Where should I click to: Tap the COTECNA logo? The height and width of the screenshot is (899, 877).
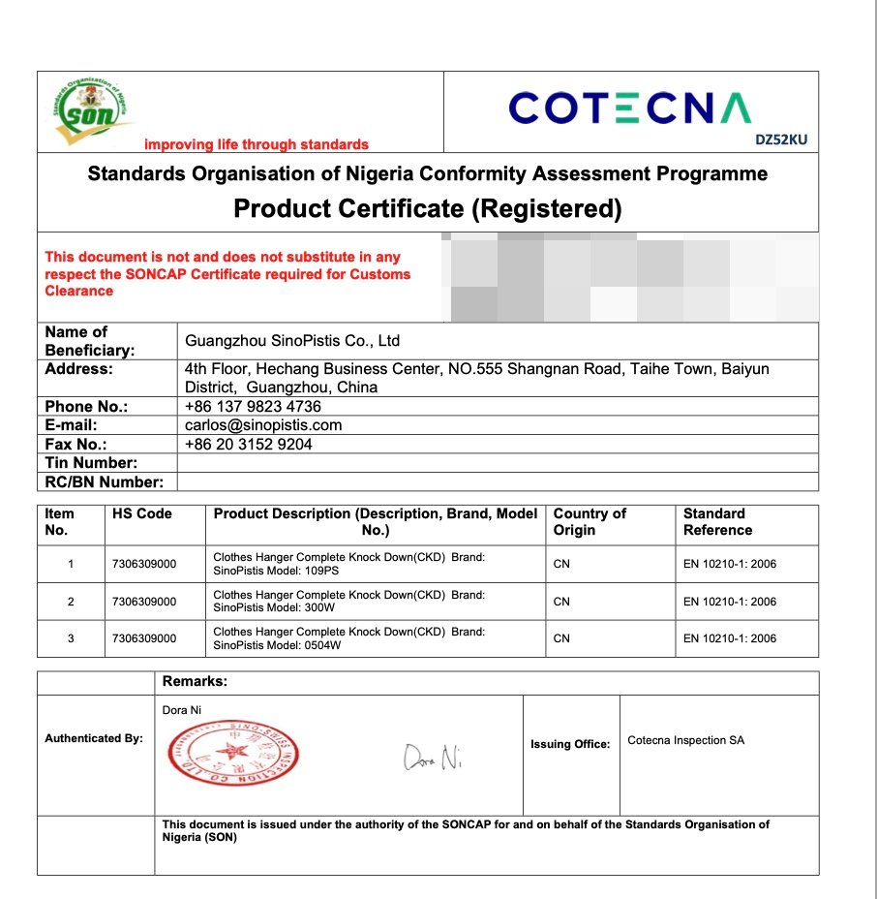tap(630, 108)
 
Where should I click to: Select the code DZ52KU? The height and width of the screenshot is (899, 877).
tap(780, 139)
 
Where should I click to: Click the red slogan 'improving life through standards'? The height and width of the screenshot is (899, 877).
tap(257, 144)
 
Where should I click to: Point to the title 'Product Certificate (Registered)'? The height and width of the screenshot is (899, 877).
tap(427, 208)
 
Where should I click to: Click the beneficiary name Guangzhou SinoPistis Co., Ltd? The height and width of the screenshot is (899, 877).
tap(292, 341)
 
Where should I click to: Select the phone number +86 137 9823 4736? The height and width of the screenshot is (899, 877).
tap(253, 407)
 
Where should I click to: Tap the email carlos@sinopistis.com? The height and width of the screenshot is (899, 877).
tap(263, 425)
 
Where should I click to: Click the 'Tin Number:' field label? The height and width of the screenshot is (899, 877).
tap(91, 463)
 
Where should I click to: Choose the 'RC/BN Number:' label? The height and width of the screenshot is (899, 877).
tap(105, 482)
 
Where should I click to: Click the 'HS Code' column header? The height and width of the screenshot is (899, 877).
tap(140, 513)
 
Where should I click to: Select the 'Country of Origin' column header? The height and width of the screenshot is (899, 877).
tap(590, 521)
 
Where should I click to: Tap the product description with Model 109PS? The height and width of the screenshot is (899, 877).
tap(348, 564)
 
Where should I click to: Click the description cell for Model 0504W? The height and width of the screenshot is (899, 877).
tap(348, 638)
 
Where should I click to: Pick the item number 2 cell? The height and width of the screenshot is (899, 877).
tap(71, 602)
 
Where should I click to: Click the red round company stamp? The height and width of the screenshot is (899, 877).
tap(233, 755)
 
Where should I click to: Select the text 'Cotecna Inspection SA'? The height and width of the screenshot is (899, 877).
tap(686, 740)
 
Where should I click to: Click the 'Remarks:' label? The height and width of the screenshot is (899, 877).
tap(195, 682)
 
